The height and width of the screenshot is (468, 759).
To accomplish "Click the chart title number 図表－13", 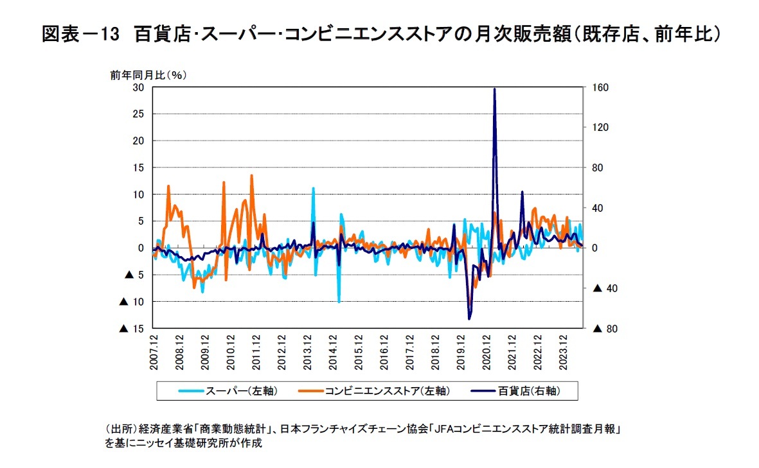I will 81,35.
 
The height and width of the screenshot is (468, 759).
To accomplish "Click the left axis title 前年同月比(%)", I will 148,74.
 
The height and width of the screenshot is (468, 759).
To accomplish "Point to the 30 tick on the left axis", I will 138,87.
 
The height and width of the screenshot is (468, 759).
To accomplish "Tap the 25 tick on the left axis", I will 138,114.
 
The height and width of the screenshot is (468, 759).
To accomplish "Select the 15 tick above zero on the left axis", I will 138,168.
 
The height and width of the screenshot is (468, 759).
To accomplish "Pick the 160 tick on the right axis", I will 600,87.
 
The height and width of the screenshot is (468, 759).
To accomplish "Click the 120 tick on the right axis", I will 600,128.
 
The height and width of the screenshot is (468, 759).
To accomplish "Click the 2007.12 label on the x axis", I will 154,351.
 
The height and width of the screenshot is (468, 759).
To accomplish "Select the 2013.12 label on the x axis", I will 308,351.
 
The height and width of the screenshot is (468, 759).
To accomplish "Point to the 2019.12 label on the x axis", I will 461,351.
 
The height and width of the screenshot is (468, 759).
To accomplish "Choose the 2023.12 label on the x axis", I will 564,351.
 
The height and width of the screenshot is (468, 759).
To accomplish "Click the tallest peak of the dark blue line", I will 494,89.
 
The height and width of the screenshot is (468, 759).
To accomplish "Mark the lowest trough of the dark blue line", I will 469,318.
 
